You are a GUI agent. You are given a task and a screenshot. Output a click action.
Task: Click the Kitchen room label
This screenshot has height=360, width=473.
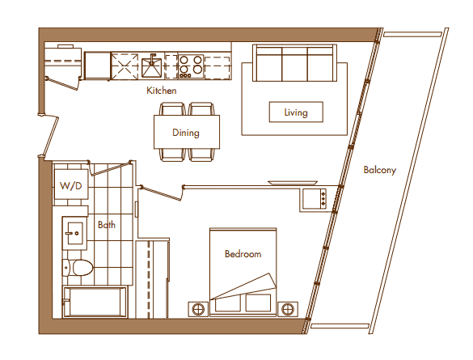tap(162, 91)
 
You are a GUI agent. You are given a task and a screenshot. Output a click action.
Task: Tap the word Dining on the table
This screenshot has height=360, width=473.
tap(186, 133)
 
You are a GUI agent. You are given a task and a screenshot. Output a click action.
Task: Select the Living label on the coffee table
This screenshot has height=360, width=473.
tap(296, 112)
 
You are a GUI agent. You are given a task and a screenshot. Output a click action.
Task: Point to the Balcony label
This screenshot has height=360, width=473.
tap(379, 170)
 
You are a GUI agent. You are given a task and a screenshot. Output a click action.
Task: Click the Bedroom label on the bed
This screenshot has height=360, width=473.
tap(243, 254)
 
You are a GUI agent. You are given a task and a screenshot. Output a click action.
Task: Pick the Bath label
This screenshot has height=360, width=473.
tap(107, 225)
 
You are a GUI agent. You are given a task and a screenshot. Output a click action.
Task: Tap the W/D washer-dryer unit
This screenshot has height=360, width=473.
tap(71, 184)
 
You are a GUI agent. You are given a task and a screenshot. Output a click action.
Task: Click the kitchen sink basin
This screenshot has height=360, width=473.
tap(152, 67)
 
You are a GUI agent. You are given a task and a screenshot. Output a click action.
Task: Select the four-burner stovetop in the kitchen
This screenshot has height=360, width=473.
tap(191, 66)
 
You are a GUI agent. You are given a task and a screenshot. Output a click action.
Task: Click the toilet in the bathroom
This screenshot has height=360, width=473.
tap(78, 267)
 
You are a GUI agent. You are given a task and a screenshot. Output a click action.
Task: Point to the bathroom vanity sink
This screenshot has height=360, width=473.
tap(74, 233)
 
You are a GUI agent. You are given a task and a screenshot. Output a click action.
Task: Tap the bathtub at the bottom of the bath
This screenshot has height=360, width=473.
tap(95, 302)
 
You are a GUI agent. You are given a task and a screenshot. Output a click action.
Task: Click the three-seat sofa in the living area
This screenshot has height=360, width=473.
tap(294, 63)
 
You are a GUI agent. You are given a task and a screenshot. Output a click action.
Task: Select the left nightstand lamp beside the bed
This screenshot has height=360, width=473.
tap(198, 309)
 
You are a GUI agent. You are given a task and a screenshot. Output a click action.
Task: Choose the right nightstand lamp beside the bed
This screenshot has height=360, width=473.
tap(288, 309)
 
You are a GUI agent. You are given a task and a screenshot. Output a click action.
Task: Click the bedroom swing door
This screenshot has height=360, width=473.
tap(161, 193)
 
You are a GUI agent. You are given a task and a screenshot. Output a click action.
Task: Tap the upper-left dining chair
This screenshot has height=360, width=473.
tap(172, 109)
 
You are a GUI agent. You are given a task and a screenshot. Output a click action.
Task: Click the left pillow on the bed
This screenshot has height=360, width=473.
tap(228, 303)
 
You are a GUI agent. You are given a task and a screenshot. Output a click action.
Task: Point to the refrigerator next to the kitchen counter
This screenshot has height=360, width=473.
tap(96, 66)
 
